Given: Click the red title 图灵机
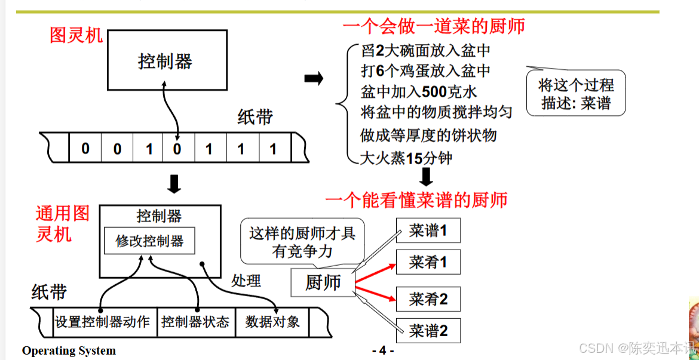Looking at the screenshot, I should coord(76,35).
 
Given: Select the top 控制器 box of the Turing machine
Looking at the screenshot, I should coord(167,60).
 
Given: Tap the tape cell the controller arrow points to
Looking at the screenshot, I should coord(177,148).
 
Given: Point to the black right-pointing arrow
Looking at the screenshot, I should coord(314,78).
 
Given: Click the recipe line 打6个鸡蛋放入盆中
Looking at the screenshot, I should coord(426,71).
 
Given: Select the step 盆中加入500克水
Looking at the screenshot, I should coord(419,92).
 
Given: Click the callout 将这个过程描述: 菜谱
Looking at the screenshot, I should coord(577,94).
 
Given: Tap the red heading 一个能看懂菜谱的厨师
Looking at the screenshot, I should coord(416,199).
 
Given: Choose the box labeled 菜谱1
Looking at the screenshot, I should coord(428,231).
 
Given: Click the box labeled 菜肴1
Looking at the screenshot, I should coord(428,262).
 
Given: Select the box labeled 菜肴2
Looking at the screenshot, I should coord(428,299).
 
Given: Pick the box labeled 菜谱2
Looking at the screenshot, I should coord(428,330).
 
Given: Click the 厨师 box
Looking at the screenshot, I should coord(323,282).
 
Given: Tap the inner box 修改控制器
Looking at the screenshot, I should coord(149,241).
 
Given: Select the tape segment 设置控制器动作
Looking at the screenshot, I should coord(102,322).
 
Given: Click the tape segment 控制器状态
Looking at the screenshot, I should coord(195,322).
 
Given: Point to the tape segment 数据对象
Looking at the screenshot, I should coord(272,322).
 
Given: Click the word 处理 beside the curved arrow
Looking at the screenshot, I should coord(246,280).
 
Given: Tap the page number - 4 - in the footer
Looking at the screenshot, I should coord(382,350).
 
